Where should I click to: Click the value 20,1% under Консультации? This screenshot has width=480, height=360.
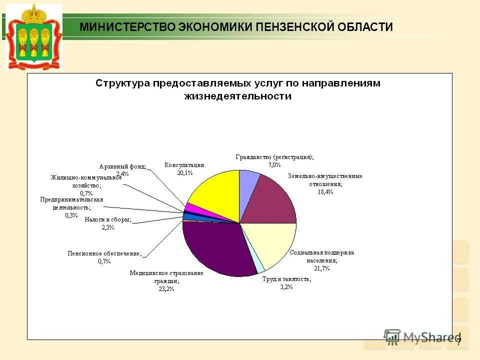tap(185, 172)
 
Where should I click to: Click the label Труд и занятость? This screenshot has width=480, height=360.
tap(286, 279)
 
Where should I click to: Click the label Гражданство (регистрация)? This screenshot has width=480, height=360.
tap(274, 156)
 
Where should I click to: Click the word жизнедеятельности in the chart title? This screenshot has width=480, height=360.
tap(238, 96)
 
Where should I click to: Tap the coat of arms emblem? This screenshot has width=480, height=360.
tap(34, 37)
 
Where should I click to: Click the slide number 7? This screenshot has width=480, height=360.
tap(458, 342)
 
